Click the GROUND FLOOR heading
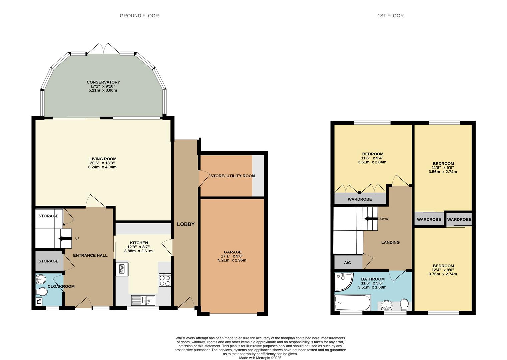click(x=139, y=16)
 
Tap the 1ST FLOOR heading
click(x=390, y=16)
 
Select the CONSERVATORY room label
click(x=103, y=82)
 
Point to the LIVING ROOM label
click(x=103, y=159)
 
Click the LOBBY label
click(x=186, y=224)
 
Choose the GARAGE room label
click(x=233, y=252)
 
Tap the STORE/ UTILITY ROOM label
click(x=233, y=176)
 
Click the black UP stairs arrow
click(x=65, y=239)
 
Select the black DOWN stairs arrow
click(x=371, y=219)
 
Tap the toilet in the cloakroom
click(x=41, y=292)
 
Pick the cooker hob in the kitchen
click(x=165, y=280)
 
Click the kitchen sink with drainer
click(x=143, y=300)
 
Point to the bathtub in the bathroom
click(x=353, y=303)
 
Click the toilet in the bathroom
click(x=404, y=304)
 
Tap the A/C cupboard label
click(x=348, y=263)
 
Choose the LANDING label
click(x=390, y=242)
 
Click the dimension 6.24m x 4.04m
click(x=102, y=167)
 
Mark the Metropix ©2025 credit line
click(x=260, y=358)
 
